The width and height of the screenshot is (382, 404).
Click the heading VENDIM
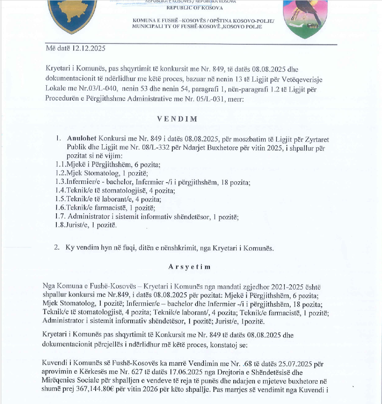177,119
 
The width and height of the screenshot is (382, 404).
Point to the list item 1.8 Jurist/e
85,225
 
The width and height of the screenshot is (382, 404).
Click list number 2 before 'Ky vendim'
56,248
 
